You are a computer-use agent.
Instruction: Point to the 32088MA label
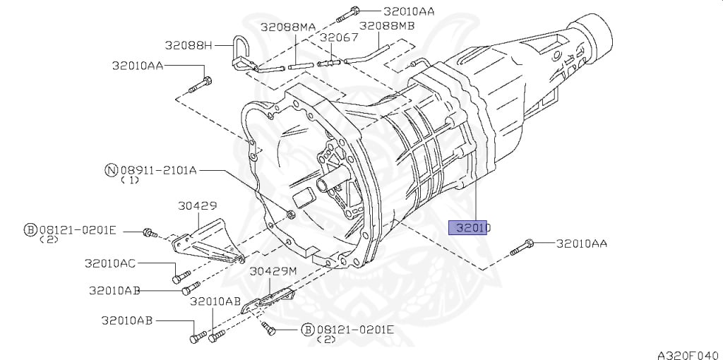(x=287, y=27)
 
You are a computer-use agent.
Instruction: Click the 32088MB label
(x=386, y=26)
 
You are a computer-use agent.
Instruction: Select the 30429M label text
(x=273, y=270)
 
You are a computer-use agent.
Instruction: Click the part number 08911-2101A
(x=158, y=169)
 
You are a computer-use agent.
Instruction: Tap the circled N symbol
(x=110, y=169)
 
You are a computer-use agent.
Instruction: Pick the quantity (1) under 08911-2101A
(x=130, y=181)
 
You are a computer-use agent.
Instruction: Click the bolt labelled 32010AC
(x=181, y=277)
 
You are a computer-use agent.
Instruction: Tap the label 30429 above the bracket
(x=198, y=206)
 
